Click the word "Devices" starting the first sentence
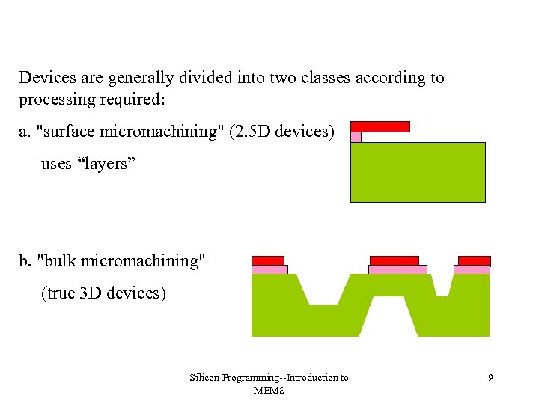pyautogui.click(x=43, y=78)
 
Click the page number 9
pyautogui.click(x=490, y=378)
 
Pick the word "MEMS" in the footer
pyautogui.click(x=269, y=390)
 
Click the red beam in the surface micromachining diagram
pyautogui.click(x=380, y=126)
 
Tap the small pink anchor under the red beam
pyautogui.click(x=356, y=137)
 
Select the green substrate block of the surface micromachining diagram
pyautogui.click(x=418, y=172)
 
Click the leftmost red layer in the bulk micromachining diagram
pyautogui.click(x=268, y=260)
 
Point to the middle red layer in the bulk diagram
pyautogui.click(x=395, y=260)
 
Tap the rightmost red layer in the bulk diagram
pyautogui.click(x=474, y=260)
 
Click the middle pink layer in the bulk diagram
pyautogui.click(x=398, y=269)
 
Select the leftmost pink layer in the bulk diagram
pyautogui.click(x=269, y=269)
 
